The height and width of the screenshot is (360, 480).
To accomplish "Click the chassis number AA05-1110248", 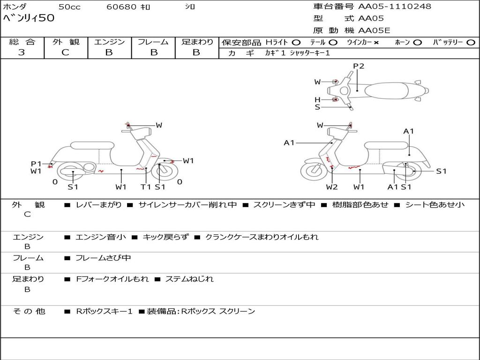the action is pos(395,7).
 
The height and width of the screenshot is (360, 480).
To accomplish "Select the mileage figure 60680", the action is pos(122,7).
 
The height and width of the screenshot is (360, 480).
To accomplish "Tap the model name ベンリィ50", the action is pos(29,18).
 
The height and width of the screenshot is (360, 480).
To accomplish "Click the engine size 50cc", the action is pos(69,7).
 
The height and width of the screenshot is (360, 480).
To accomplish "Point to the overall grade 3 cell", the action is pos(22,52).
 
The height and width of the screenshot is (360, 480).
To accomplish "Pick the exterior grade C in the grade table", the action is pos(66,52).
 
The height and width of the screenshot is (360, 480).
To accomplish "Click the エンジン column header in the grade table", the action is pos(109,42).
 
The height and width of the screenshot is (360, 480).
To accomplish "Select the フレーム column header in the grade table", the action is pos(153,42).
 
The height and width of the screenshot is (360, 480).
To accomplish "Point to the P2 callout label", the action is pos(359,66).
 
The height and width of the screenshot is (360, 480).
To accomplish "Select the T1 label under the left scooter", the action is pos(146,187).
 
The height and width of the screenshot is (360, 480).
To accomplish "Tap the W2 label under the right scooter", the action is pos(332,187).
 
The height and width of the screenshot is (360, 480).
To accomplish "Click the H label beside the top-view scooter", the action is pos(317,99).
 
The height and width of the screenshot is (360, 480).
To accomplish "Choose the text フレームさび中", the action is pos(103,258).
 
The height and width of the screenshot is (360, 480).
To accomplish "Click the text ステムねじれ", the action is pos(189,279).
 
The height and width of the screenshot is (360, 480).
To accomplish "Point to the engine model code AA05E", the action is pos(374,30).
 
